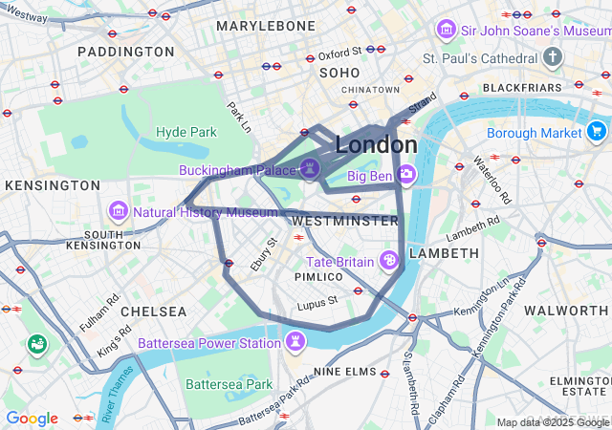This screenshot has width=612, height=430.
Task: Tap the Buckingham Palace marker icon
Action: (x=309, y=169)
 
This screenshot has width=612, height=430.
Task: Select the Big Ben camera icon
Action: (x=406, y=175)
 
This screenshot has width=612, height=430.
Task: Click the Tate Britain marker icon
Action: (x=389, y=260)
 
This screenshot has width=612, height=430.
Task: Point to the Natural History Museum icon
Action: (x=119, y=209)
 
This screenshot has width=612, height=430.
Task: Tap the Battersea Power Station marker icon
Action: (x=296, y=341)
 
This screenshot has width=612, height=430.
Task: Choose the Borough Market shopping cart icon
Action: (x=598, y=131)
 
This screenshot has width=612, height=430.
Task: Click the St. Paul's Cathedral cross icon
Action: (x=552, y=59)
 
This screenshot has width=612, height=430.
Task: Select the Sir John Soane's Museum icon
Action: (x=446, y=30)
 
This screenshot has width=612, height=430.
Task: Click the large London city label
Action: (x=376, y=145)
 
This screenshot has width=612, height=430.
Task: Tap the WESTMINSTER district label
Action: (x=344, y=221)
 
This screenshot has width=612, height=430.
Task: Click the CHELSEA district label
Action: (x=154, y=312)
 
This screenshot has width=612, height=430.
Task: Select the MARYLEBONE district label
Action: (x=266, y=26)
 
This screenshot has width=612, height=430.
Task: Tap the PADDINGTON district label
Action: (x=126, y=51)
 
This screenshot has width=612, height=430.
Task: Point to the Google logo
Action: (x=32, y=419)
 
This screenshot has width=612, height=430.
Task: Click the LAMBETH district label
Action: (x=444, y=253)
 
